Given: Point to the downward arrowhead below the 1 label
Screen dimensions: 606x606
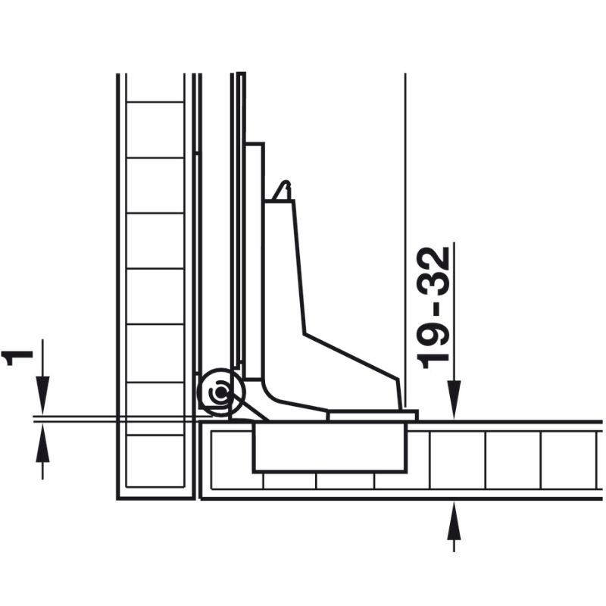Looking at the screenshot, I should pos(42,398).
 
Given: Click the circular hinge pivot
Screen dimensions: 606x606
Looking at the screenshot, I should pos(219,392).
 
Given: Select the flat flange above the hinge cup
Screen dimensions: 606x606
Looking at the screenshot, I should pos(372,415).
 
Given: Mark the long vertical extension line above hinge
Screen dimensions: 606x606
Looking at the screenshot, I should pos(406,227).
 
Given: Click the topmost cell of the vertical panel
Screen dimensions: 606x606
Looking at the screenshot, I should pos(155,88).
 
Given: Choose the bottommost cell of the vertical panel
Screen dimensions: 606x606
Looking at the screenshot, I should pos(155,461).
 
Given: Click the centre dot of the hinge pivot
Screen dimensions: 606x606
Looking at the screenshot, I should pos(219,392).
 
